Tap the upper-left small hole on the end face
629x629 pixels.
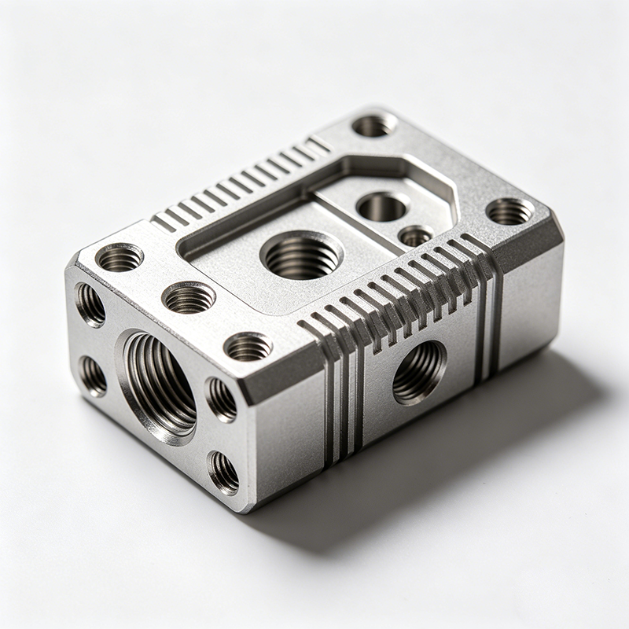click(90, 304)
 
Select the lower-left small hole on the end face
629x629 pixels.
click(93, 376)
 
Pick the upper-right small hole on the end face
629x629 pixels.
click(221, 399)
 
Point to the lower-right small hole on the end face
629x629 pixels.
click(223, 472)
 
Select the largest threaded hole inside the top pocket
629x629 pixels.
click(302, 255)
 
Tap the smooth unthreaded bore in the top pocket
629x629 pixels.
click(382, 207)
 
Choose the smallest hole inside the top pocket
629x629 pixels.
click(415, 235)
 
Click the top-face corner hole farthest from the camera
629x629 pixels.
click(373, 124)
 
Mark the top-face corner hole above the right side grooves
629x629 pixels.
click(509, 211)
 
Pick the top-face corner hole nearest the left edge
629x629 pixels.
click(120, 257)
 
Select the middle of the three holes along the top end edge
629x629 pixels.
click(189, 297)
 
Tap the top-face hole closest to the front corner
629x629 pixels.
click(248, 346)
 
